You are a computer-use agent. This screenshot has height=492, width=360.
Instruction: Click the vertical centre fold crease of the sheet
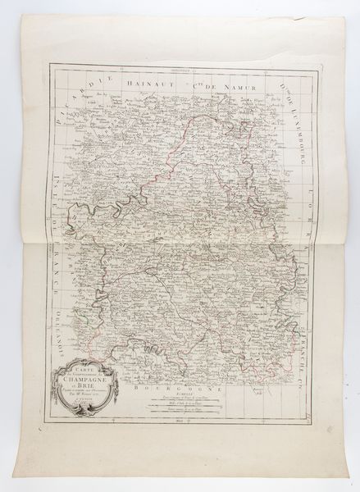180,246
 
